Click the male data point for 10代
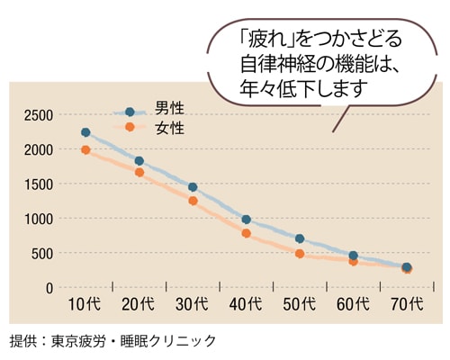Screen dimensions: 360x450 [85, 132]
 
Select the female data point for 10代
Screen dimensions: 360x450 [85, 150]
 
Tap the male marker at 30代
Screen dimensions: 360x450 [193, 187]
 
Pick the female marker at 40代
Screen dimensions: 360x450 [246, 234]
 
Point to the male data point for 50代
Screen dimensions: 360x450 [300, 238]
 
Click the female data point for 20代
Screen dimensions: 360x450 [139, 172]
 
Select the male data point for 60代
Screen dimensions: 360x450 [353, 256]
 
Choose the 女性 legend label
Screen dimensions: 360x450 [169, 128]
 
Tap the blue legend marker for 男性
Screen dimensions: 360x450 [130, 112]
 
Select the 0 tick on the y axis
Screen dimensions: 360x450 [50, 288]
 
